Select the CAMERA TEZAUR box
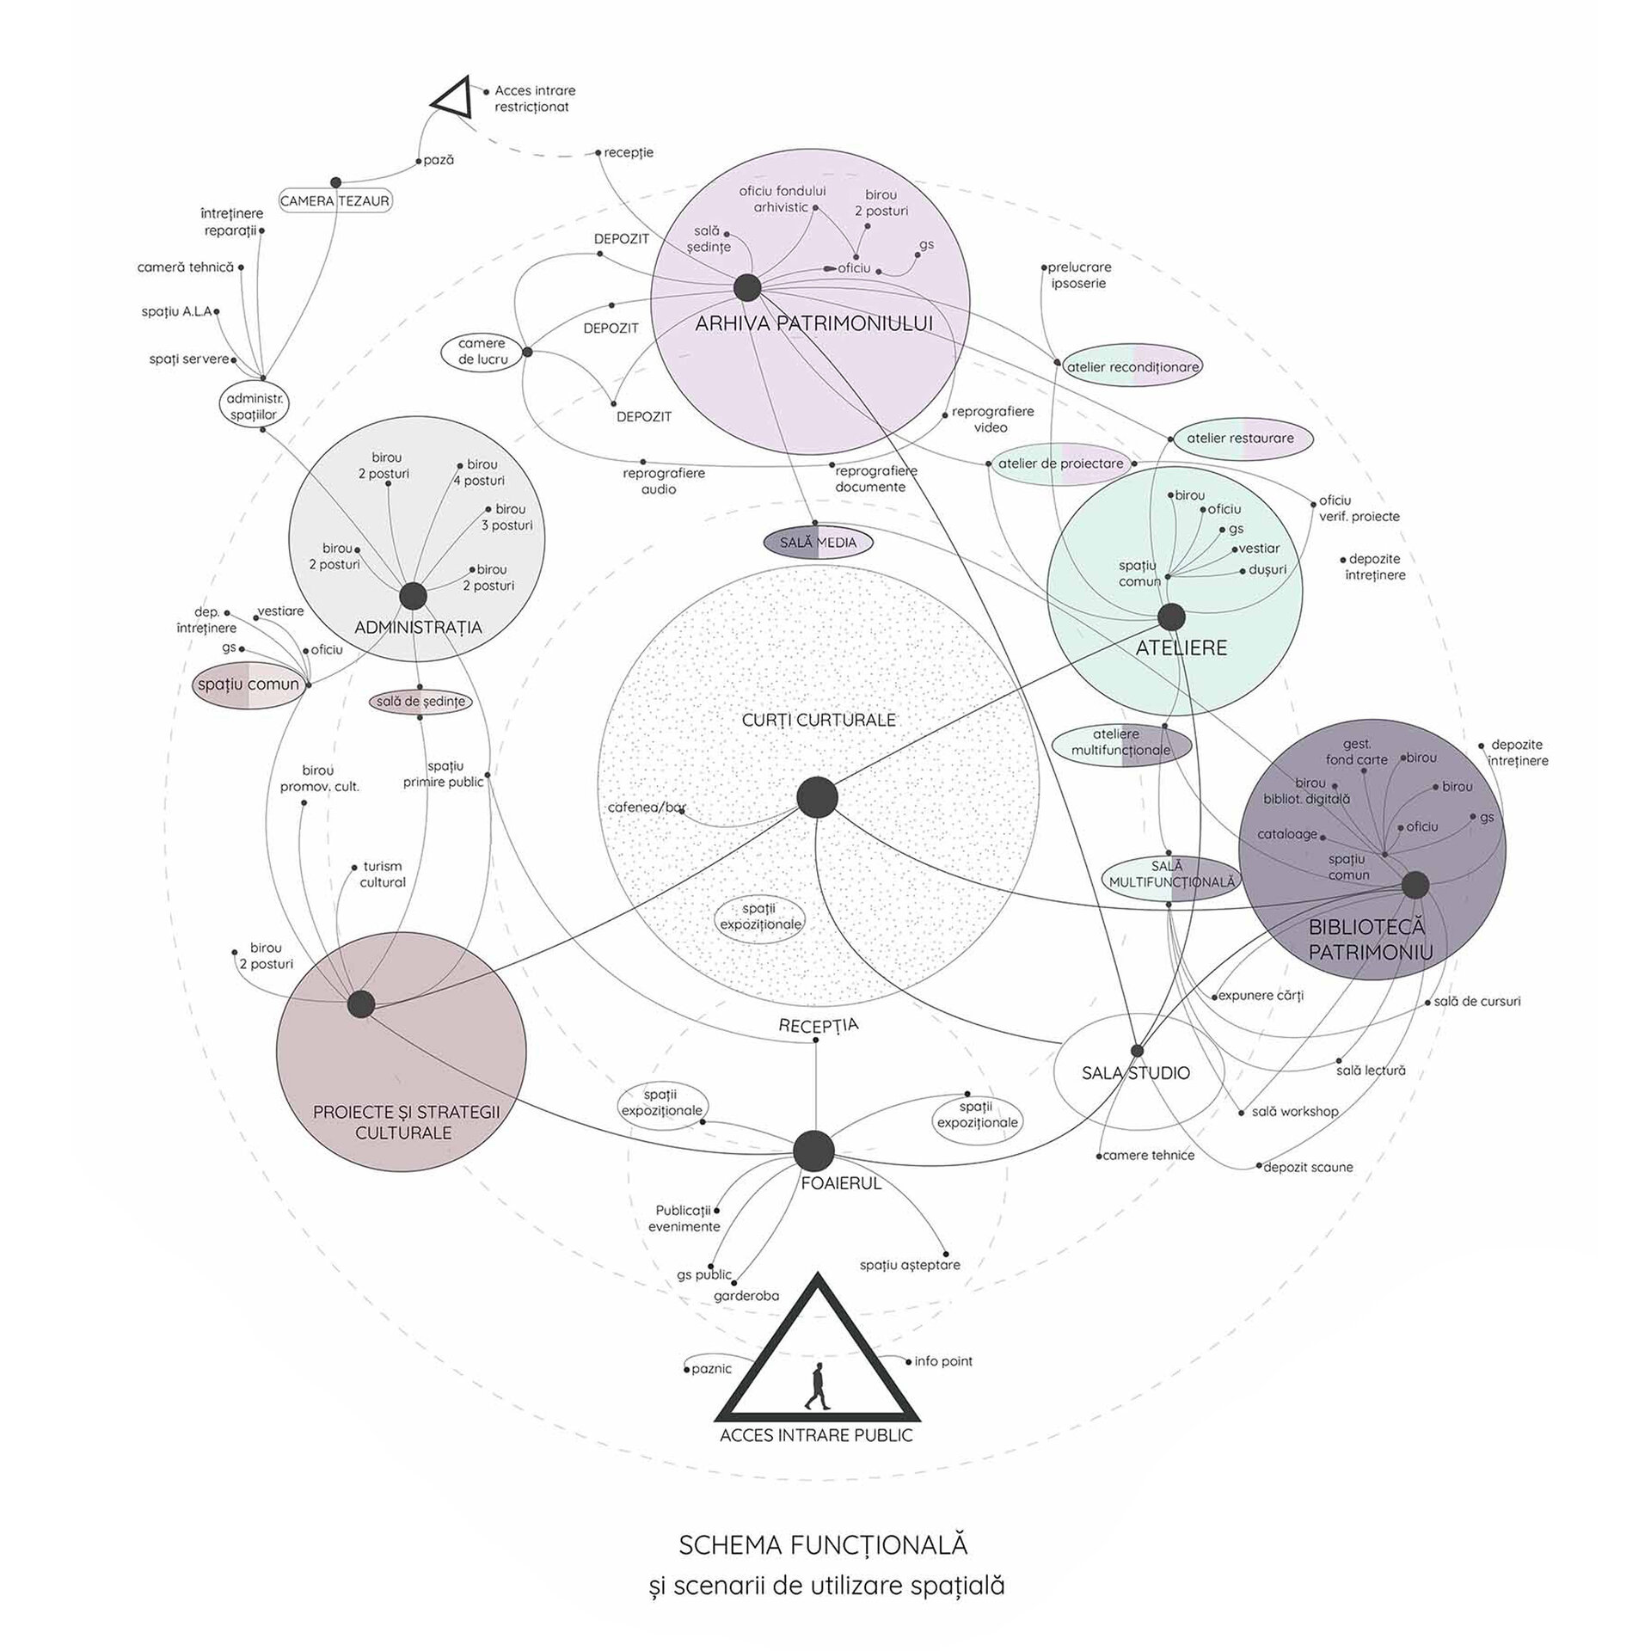335,200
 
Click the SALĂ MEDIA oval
819,543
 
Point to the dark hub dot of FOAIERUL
813,1151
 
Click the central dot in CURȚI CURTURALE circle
817,797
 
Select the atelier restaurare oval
1240,438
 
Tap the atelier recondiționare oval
1132,366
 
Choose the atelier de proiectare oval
1060,463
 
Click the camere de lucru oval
482,351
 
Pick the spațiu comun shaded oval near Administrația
249,684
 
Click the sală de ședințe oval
420,701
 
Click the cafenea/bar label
647,807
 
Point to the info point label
943,1360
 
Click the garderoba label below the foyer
746,1295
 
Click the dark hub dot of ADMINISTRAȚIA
414,596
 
